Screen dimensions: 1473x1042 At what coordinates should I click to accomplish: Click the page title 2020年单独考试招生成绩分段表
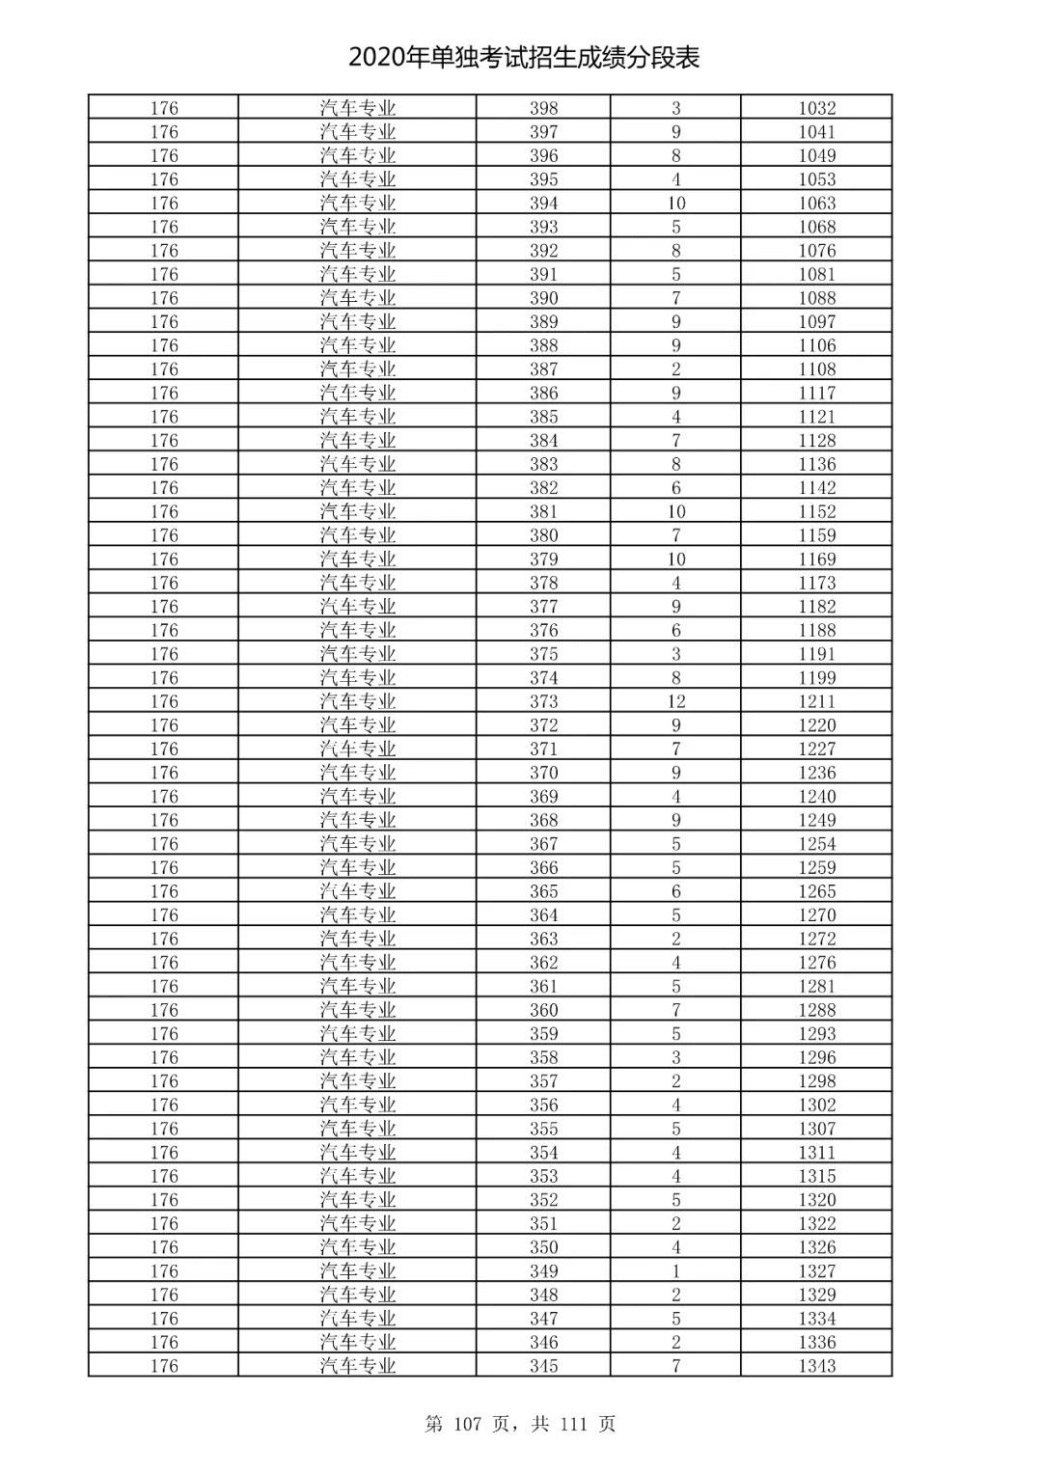pyautogui.click(x=524, y=58)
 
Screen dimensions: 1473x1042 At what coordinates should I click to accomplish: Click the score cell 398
pyautogui.click(x=543, y=108)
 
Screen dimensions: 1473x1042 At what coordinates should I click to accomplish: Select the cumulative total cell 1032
pyautogui.click(x=816, y=108)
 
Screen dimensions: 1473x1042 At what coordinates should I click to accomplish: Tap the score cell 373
pyautogui.click(x=543, y=701)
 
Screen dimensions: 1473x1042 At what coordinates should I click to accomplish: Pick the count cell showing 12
pyautogui.click(x=675, y=701)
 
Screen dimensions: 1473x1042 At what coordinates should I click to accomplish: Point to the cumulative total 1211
pyautogui.click(x=816, y=701)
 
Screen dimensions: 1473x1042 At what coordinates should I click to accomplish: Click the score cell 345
pyautogui.click(x=543, y=1366)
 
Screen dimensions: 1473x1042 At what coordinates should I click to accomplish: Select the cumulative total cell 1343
pyautogui.click(x=816, y=1366)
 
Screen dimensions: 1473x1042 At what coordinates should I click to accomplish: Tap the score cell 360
pyautogui.click(x=543, y=1010)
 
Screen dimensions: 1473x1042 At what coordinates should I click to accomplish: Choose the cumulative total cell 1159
pyautogui.click(x=816, y=535)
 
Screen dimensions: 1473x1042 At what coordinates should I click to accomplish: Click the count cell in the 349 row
pyautogui.click(x=675, y=1271)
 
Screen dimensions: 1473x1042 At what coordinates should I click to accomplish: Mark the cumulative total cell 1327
pyautogui.click(x=816, y=1271)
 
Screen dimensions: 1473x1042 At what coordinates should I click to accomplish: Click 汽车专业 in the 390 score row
pyautogui.click(x=358, y=298)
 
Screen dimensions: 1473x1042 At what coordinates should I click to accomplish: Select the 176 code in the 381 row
pyautogui.click(x=164, y=511)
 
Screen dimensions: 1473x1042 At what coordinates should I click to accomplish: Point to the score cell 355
pyautogui.click(x=543, y=1129)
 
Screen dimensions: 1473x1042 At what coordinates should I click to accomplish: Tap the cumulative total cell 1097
pyautogui.click(x=816, y=322)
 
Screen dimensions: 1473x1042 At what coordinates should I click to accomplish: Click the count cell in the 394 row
pyautogui.click(x=675, y=204)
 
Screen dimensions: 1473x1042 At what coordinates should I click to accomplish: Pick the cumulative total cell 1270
pyautogui.click(x=816, y=915)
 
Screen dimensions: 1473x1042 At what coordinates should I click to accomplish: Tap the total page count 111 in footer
pyautogui.click(x=572, y=1424)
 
